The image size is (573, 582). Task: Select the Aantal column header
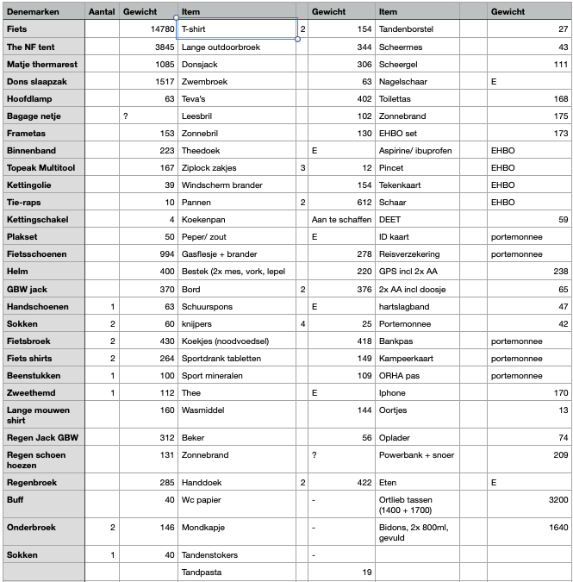(102, 12)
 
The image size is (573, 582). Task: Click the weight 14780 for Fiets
(161, 29)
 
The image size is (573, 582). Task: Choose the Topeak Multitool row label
(40, 167)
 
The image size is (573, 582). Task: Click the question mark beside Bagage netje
(126, 116)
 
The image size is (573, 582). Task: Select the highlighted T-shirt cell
(236, 29)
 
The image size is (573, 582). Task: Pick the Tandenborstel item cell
(410, 29)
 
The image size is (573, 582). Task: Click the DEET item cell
(389, 219)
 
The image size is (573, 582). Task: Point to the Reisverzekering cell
(409, 253)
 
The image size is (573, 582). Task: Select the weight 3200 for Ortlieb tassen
(553, 498)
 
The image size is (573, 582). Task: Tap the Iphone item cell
(393, 392)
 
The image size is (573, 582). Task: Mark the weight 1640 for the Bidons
(553, 526)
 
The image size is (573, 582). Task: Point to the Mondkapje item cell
(203, 526)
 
